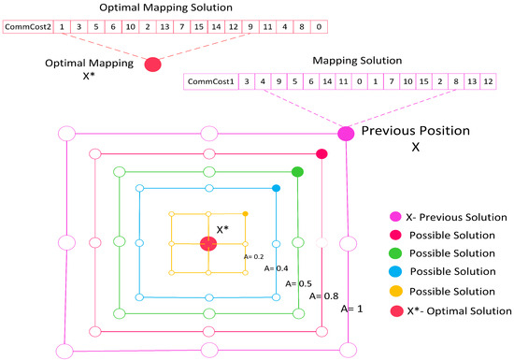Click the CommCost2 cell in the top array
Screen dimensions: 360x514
tap(26, 27)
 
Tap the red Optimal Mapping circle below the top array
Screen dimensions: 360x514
tap(152, 64)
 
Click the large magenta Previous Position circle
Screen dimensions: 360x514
tap(346, 134)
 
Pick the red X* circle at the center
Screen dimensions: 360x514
tap(208, 244)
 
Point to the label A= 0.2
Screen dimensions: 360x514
tap(252, 255)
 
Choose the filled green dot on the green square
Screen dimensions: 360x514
tap(298, 171)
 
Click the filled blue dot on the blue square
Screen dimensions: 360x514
tap(277, 190)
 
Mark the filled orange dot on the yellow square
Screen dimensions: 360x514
tap(245, 215)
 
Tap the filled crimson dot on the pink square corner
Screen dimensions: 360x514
tap(321, 153)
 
